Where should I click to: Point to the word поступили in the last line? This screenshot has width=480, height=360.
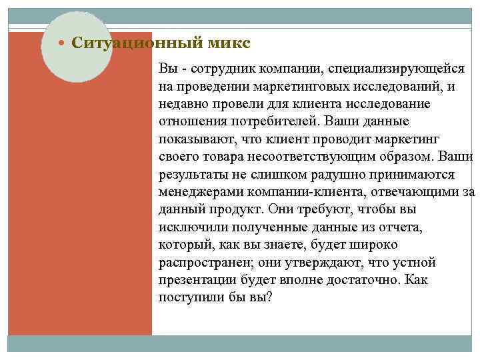(189, 297)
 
